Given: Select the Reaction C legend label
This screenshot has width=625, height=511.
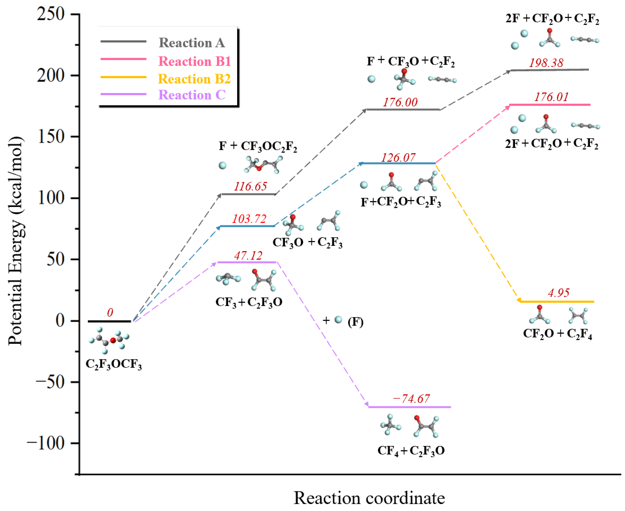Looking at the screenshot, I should [x=192, y=95].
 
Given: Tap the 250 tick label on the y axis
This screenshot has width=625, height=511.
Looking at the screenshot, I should [x=51, y=14].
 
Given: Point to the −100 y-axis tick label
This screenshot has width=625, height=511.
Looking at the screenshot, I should [x=46, y=443].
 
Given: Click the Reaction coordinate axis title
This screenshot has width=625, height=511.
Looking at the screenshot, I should [x=369, y=497].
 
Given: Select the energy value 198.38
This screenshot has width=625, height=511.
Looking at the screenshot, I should [x=546, y=63].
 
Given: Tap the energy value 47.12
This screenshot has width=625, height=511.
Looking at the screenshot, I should [x=248, y=255].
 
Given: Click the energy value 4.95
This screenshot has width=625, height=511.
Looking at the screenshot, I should [x=558, y=293].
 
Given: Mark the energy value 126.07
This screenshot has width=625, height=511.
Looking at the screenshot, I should [x=398, y=158].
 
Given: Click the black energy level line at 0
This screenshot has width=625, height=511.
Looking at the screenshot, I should [x=109, y=321].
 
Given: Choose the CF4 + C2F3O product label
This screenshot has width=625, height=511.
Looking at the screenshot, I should [x=411, y=451].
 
